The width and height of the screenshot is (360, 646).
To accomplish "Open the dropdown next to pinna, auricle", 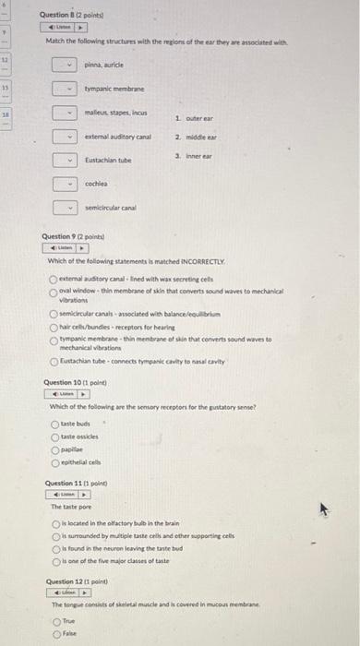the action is [x=63, y=65].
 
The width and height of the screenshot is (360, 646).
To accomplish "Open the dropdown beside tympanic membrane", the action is [x=63, y=89].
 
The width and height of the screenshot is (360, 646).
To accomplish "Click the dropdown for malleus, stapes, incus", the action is [x=63, y=113].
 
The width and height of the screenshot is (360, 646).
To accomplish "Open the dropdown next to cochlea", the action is [x=63, y=184].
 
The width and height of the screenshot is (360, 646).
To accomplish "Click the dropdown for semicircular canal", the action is [x=63, y=208].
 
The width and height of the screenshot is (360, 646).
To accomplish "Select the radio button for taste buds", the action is [x=55, y=424].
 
